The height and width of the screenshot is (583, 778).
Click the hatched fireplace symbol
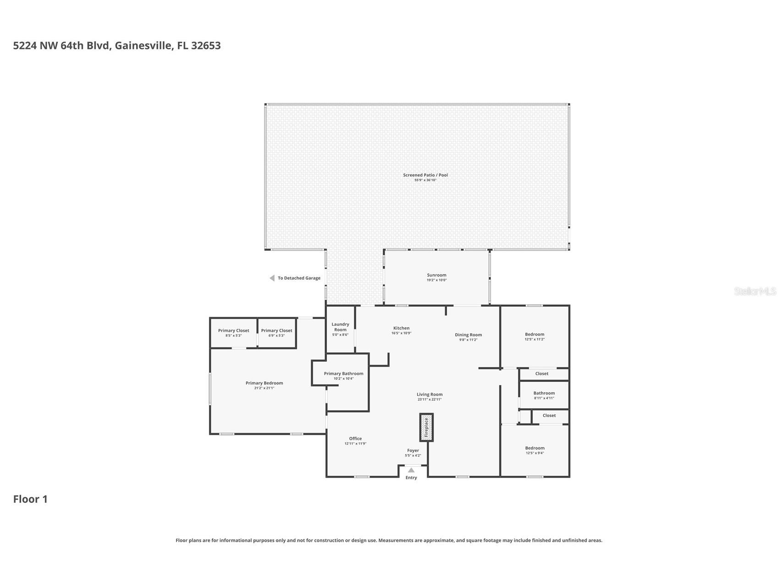click(x=426, y=428)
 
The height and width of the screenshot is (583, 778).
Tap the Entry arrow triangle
click(x=411, y=470)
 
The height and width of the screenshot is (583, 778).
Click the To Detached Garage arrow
click(x=272, y=278)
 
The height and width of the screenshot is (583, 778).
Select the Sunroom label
click(x=436, y=275)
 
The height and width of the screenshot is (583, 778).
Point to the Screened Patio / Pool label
click(x=425, y=175)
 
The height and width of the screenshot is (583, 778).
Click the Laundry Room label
click(x=340, y=327)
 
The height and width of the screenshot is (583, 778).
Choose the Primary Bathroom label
click(x=343, y=374)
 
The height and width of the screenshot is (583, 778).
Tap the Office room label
click(x=355, y=439)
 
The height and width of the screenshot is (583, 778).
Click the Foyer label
click(x=413, y=451)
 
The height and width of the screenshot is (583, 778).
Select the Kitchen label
click(x=401, y=328)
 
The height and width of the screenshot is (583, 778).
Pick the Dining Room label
click(x=468, y=335)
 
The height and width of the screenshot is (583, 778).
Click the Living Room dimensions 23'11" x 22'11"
click(x=430, y=399)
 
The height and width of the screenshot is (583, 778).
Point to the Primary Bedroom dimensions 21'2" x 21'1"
click(x=264, y=388)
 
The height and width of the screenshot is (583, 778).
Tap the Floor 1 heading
click(x=30, y=499)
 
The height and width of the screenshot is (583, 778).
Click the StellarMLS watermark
click(x=755, y=291)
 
